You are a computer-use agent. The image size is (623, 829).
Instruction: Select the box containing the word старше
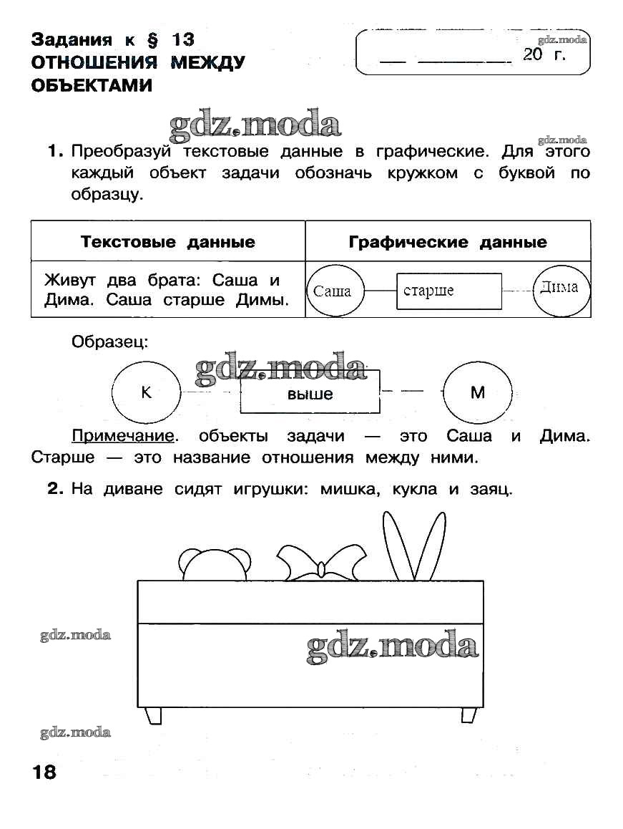pyautogui.click(x=449, y=291)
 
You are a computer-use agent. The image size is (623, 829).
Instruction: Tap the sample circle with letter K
pyautogui.click(x=147, y=393)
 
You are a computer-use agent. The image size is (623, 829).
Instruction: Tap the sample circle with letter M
pyautogui.click(x=478, y=392)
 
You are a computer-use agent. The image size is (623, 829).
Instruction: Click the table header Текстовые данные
pyautogui.click(x=168, y=242)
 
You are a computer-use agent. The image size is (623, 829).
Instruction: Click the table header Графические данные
pyautogui.click(x=448, y=242)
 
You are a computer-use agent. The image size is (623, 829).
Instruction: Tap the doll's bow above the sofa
pyautogui.click(x=320, y=563)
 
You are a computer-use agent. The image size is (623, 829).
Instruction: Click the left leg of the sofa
pyautogui.click(x=153, y=715)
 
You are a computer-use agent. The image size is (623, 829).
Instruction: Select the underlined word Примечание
pyautogui.click(x=123, y=436)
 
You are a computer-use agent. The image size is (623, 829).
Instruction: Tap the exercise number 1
pyautogui.click(x=56, y=152)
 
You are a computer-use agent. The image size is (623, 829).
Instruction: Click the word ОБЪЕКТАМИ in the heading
pyautogui.click(x=92, y=86)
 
